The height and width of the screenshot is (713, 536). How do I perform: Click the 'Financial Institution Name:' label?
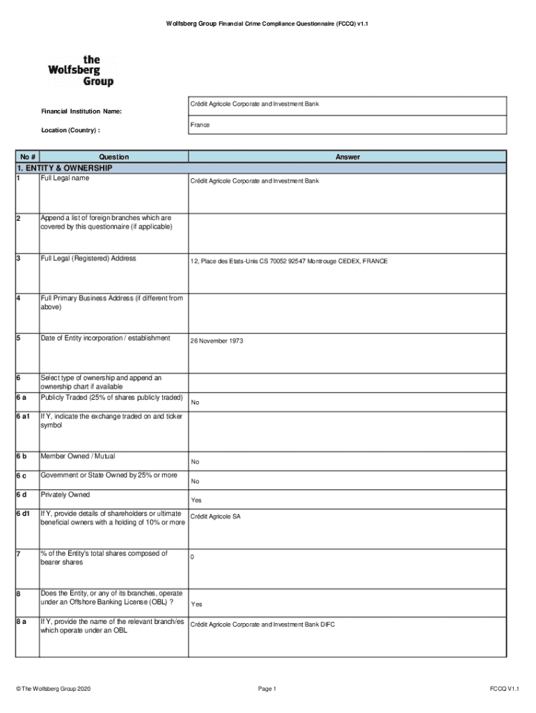(81, 111)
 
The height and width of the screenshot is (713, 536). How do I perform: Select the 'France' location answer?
(200, 125)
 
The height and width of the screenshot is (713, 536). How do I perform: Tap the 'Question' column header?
(113, 157)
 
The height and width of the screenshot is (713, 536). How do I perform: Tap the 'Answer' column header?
(347, 157)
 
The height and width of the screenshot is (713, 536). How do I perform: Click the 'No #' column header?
(28, 157)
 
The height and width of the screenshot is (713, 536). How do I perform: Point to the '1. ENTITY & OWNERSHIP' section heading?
(63, 168)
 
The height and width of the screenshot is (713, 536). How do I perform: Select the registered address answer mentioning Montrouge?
(289, 261)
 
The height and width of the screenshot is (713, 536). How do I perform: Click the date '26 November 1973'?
(216, 341)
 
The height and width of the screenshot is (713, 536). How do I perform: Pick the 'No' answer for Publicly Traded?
(195, 402)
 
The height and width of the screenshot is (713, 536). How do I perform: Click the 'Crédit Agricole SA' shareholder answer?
(215, 517)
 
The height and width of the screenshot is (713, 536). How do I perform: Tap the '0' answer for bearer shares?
(192, 557)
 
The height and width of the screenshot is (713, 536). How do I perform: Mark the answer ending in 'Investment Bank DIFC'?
(262, 625)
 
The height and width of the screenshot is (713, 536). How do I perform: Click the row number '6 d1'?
(27, 514)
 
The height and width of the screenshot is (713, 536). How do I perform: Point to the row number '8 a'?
(24, 621)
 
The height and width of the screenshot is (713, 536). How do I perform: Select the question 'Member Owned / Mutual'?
(78, 456)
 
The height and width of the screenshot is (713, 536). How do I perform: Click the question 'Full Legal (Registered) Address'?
(88, 258)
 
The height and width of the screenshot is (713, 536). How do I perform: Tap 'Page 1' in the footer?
(267, 689)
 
